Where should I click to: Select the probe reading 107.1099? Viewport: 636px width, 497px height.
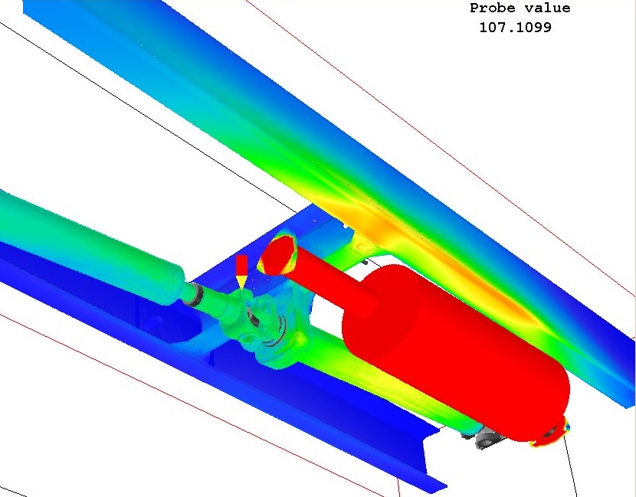click(515, 28)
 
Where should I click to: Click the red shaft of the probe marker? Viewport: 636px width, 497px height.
click(241, 265)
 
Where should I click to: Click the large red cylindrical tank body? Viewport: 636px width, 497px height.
click(454, 353)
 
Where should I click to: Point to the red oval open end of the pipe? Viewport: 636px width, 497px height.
click(278, 254)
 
